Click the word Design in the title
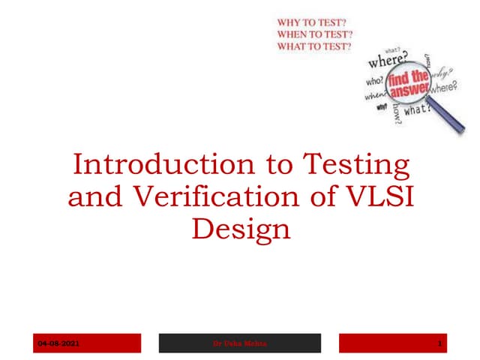(240, 228)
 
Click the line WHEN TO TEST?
(316, 34)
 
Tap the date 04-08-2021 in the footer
(59, 343)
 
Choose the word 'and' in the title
(96, 196)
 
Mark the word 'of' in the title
(328, 196)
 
